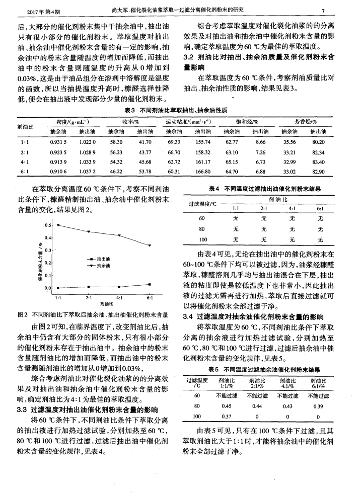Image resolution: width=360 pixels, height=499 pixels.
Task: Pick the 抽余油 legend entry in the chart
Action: [103, 265]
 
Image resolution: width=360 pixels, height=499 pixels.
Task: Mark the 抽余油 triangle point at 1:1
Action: [58, 225]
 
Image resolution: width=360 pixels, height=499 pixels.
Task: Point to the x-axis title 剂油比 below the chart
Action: [106, 304]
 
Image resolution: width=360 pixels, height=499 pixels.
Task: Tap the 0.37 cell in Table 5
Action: [226, 417]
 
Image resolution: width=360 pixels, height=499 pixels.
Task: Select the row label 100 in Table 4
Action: [202, 239]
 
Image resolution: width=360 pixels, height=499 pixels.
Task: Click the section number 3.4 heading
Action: [188, 317]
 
